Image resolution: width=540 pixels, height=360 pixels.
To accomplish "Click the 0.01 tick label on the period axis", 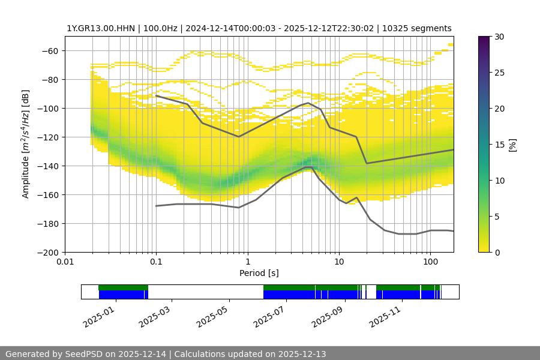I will tap(65, 262).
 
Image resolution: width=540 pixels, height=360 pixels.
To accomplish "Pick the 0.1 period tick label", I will tap(156, 262).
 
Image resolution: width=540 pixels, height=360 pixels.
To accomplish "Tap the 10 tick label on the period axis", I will tap(339, 262).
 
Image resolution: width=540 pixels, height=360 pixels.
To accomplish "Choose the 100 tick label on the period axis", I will tap(430, 262).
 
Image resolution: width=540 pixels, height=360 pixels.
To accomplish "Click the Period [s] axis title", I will tap(259, 273).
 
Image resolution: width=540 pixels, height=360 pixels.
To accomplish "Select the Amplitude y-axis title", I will tap(26, 144).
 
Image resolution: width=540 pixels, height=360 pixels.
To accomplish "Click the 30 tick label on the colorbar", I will tap(499, 37).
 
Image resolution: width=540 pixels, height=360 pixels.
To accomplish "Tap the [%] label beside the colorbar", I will tap(512, 145).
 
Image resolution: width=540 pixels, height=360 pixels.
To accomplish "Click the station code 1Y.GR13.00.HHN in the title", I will tap(101, 28).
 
